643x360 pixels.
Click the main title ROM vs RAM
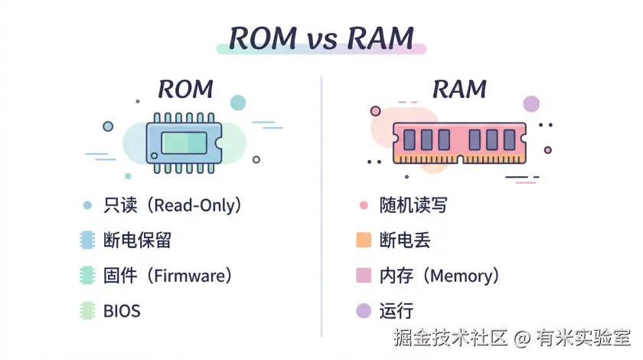321,38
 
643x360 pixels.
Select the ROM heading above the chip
185,89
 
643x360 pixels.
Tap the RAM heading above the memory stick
459,89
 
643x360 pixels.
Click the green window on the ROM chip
184,142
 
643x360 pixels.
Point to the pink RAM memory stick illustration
459,142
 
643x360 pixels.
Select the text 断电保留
137,241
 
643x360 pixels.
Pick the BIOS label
122,311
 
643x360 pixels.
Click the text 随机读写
413,205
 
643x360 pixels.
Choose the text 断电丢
405,241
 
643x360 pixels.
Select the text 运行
397,311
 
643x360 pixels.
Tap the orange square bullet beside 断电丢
364,241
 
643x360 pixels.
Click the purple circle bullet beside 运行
364,311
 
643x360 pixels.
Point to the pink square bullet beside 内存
364,276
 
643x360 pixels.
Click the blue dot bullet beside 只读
87,205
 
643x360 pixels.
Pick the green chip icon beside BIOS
87,311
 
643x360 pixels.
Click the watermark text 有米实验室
583,338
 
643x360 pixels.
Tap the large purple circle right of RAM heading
531,104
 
